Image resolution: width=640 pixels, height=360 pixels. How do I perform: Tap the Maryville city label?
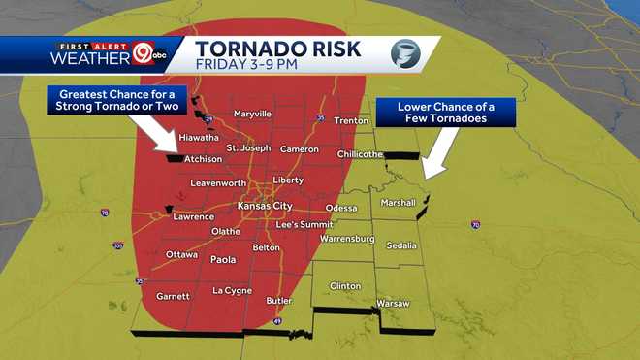click(x=252, y=114)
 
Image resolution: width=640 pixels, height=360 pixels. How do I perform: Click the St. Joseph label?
click(x=249, y=147)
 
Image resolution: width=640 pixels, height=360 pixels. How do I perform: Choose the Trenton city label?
click(x=351, y=120)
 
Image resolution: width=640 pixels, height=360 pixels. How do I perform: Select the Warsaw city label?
click(x=393, y=303)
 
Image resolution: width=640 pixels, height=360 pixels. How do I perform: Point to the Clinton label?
click(x=345, y=286)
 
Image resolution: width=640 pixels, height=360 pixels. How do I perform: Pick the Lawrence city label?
click(x=193, y=216)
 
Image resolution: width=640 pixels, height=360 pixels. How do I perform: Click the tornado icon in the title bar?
click(x=405, y=53)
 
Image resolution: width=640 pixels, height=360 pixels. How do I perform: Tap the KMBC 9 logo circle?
click(x=143, y=54)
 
